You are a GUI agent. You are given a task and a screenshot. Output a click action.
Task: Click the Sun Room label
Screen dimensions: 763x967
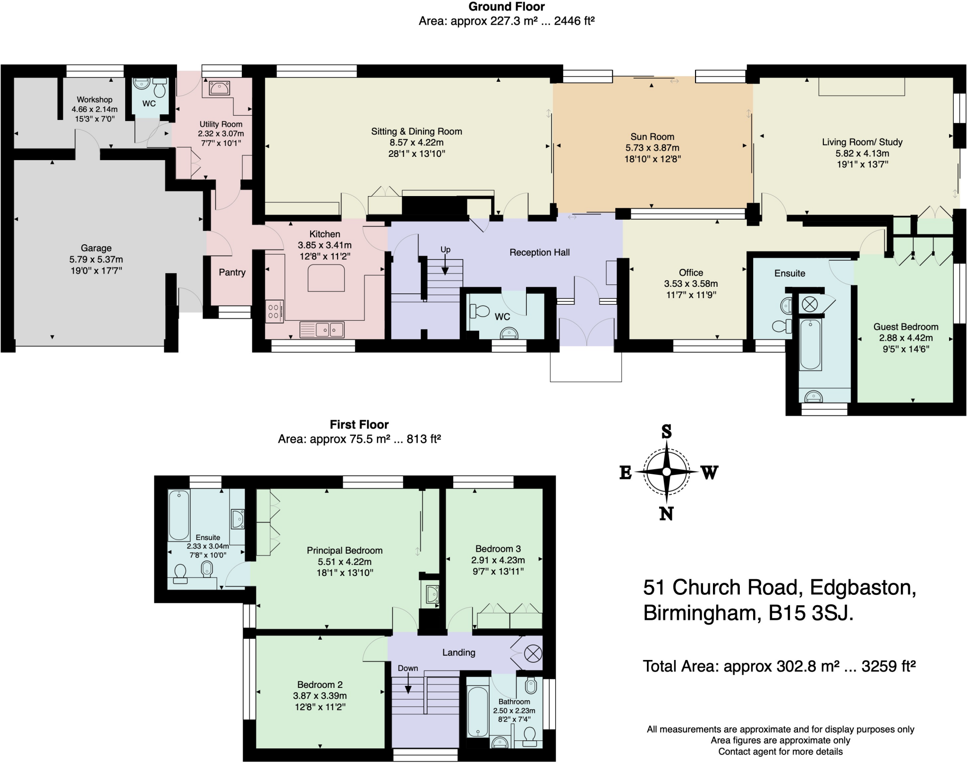click(652, 137)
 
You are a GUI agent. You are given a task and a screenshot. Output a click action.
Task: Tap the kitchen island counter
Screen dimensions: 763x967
click(326, 278)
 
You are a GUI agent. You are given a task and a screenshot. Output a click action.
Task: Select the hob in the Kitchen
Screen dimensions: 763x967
click(274, 311)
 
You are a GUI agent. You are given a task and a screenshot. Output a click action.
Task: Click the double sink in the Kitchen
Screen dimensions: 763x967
click(322, 329)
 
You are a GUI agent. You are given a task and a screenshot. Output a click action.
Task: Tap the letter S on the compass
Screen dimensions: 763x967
click(666, 431)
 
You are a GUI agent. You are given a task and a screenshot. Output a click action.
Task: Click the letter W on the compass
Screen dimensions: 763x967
click(709, 472)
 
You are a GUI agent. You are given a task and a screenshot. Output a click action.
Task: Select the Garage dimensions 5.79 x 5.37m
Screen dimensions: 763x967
click(96, 259)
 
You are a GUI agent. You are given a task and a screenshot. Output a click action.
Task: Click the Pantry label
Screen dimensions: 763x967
click(232, 272)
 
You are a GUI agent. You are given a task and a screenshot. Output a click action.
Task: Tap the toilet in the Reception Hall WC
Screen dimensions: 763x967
click(479, 311)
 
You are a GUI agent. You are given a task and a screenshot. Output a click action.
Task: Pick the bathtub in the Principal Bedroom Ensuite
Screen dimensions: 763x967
click(179, 515)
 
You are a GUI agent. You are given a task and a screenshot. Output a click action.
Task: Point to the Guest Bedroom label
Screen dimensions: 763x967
click(906, 326)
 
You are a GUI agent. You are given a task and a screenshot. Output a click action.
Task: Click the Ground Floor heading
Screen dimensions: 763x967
click(506, 7)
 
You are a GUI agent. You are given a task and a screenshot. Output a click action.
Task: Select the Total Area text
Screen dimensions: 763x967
click(779, 666)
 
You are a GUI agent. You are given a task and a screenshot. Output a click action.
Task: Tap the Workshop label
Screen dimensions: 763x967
click(94, 100)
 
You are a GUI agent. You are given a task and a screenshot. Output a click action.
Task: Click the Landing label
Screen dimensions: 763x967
click(458, 652)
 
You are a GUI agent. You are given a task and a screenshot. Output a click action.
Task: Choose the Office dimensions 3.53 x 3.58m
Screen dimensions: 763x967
click(691, 284)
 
